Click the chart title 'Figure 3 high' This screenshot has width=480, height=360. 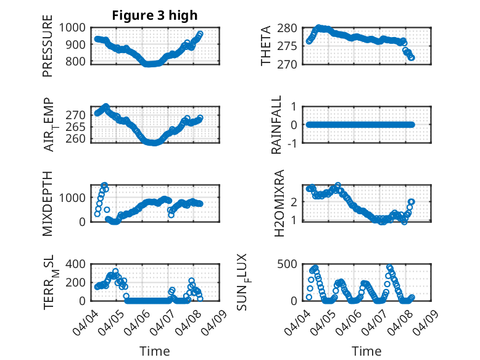coord(155,15)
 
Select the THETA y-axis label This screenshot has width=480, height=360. coord(266,45)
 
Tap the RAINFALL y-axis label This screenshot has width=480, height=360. coord(277,125)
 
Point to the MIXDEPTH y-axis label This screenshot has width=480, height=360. coord(48,203)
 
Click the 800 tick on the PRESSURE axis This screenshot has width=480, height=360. coord(79,61)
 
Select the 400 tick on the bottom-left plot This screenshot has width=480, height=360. coord(79,264)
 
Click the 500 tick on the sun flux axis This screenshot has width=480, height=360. coord(292,264)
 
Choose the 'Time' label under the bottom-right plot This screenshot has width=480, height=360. coord(366,351)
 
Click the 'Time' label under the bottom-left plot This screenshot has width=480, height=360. coord(155,351)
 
